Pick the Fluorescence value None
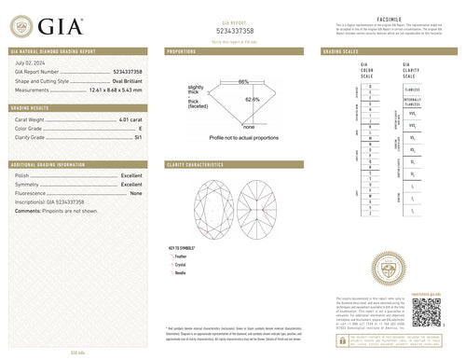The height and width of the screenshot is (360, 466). coord(135,193)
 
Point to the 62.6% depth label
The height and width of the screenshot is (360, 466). coord(252,98)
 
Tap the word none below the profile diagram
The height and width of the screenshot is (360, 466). coord(248,126)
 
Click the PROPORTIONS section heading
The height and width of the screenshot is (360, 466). coord(181,52)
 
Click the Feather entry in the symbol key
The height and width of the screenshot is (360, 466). coord(182,254)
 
